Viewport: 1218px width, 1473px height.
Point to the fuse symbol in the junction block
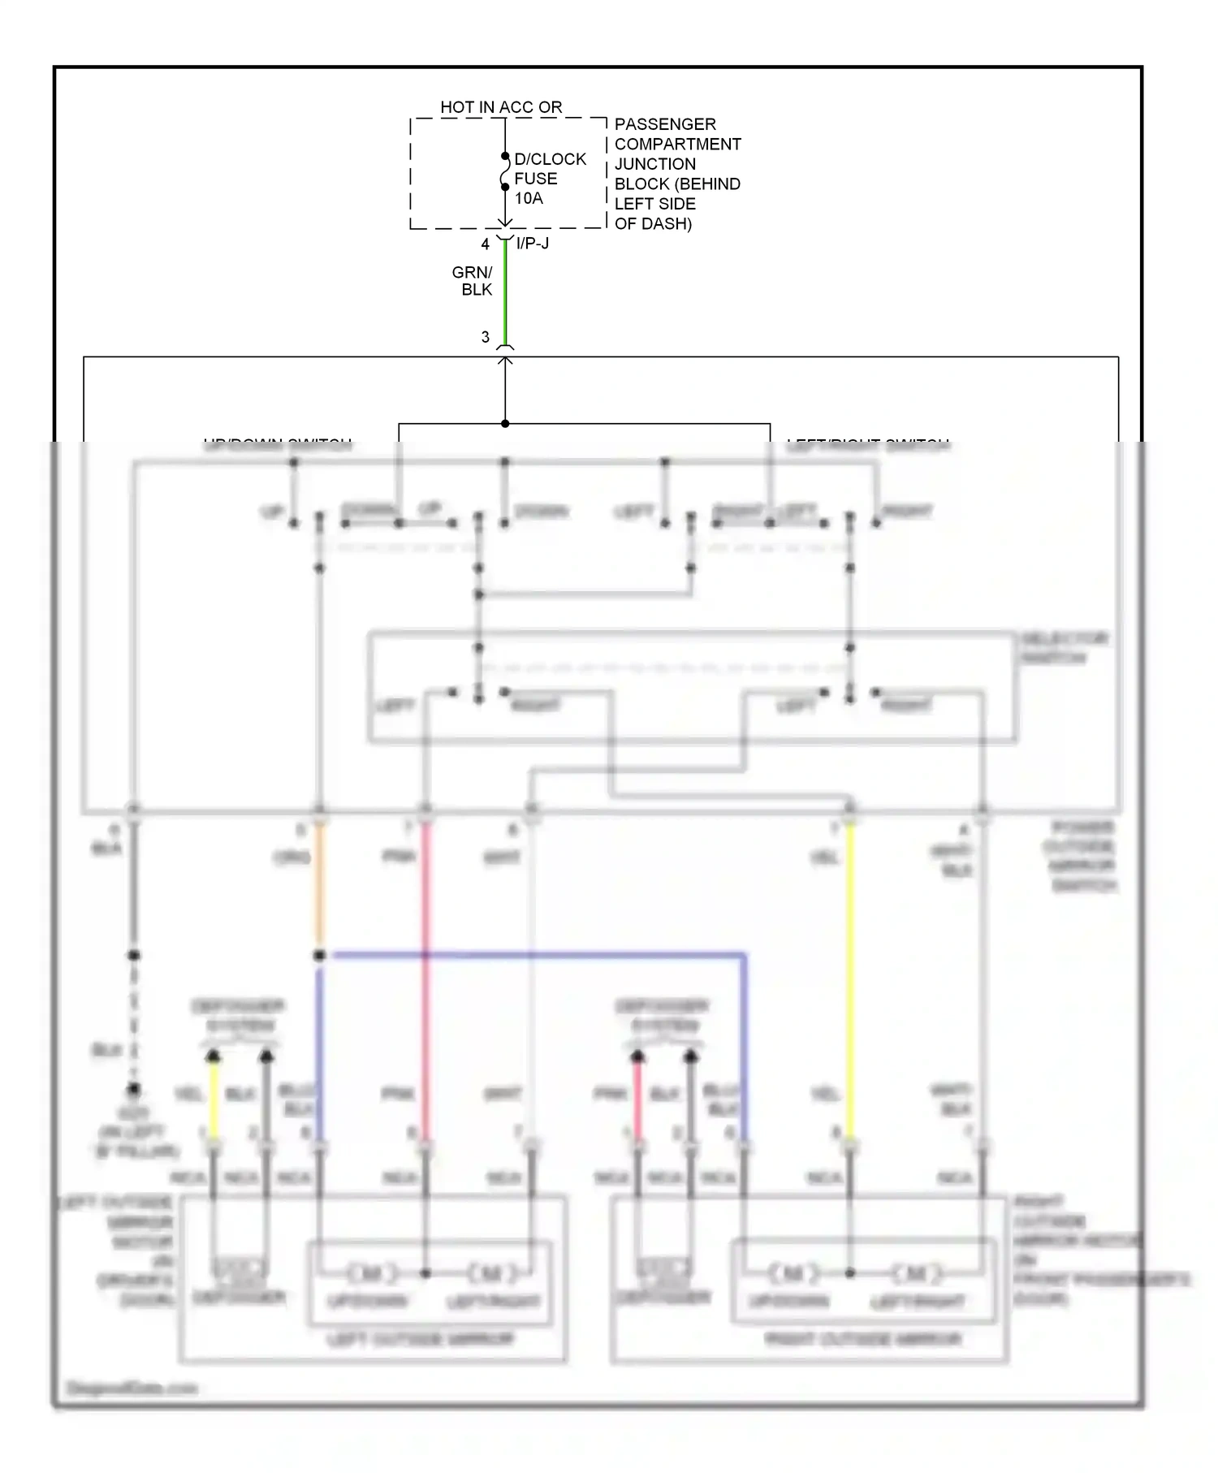coord(504,172)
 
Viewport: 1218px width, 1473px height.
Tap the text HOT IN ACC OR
coord(501,107)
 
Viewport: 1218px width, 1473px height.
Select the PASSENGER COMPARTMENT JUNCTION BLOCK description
coord(676,174)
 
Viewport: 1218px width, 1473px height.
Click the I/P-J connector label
coord(533,243)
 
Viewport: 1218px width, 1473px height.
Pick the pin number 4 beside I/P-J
coord(485,244)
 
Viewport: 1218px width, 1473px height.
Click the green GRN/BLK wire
coord(505,292)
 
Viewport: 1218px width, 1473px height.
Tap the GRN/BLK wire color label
coord(473,281)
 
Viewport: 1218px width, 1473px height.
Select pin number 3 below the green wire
coord(486,337)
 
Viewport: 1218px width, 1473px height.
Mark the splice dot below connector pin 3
coord(505,424)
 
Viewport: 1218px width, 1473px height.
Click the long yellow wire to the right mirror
coord(850,974)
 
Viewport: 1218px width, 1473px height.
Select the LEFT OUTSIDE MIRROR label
coord(421,1339)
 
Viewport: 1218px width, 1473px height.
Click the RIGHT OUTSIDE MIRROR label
coord(862,1339)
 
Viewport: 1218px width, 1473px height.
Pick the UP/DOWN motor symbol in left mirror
coord(371,1273)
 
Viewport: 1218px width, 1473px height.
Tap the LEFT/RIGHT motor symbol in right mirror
coord(915,1273)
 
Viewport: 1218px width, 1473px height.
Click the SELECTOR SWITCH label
coord(1063,648)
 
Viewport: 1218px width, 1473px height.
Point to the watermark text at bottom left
coord(132,1388)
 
